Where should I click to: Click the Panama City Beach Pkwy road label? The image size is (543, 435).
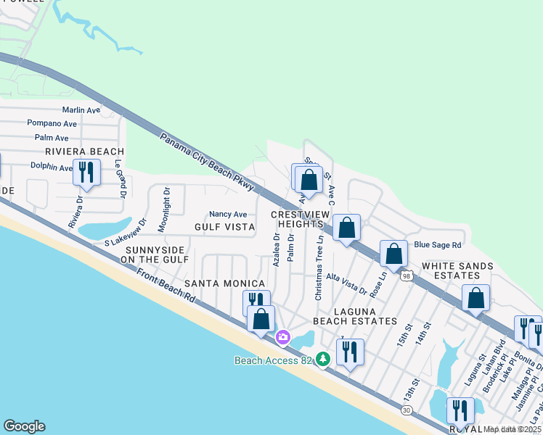pos(206,162)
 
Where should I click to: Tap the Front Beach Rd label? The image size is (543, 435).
pos(166,286)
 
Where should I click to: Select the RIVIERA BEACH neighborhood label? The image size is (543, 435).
pos(84,152)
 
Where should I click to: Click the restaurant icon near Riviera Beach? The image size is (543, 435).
pos(86,173)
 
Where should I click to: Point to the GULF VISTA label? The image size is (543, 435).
pos(224,227)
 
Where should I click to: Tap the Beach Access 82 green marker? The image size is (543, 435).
pos(323,358)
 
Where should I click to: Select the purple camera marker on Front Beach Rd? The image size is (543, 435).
pos(283,337)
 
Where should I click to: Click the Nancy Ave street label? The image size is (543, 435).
pos(228,214)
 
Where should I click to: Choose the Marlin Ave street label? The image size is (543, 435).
pos(81,110)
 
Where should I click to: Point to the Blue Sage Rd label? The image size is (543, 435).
pos(438,245)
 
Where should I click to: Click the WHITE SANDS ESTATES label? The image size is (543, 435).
pos(457,271)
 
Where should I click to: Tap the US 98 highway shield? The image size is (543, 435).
pos(407,276)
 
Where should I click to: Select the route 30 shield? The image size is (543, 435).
pos(407,410)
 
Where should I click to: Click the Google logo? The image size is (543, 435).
pos(24,426)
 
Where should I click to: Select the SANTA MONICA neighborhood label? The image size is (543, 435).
pos(224,283)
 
